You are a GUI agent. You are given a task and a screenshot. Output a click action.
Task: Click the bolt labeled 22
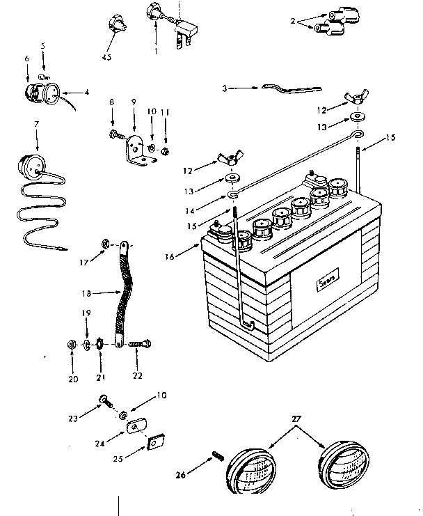[x=143, y=343]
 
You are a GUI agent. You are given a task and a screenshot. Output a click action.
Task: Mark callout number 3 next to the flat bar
[x=225, y=88]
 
